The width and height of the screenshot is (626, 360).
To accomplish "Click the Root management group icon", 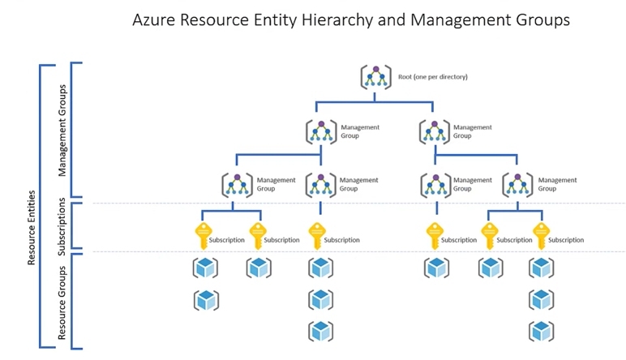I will [375, 77].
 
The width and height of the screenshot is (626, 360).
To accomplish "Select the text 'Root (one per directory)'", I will [432, 77].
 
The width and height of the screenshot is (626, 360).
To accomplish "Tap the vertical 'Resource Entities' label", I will [32, 228].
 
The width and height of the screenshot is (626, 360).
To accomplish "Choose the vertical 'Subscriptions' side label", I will [62, 225].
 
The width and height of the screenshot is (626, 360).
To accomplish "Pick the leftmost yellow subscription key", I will [204, 236].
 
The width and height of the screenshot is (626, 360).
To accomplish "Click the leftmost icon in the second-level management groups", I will [237, 184].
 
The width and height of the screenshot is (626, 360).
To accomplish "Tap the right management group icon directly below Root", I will [435, 131].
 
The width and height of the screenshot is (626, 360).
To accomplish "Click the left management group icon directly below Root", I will [321, 131].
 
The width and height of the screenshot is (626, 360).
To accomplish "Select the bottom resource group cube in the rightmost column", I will [542, 331].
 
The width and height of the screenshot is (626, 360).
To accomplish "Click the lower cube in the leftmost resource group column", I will [205, 299].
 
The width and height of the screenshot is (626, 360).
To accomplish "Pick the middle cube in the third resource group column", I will [321, 299].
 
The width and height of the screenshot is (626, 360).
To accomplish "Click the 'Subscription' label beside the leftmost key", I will [227, 240].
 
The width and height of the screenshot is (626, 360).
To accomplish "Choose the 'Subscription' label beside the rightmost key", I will [566, 240].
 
